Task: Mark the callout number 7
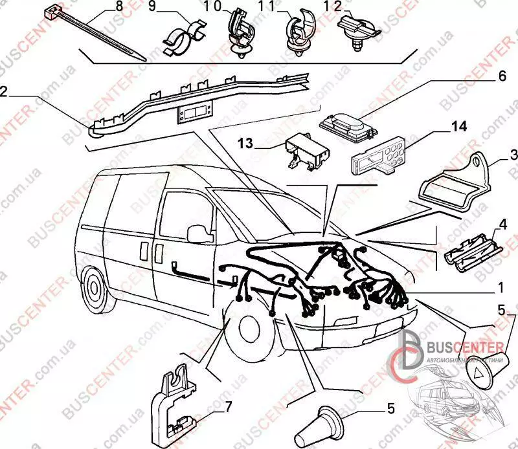coord(229,406)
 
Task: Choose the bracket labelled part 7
coord(175,405)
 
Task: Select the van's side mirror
coord(196,232)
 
